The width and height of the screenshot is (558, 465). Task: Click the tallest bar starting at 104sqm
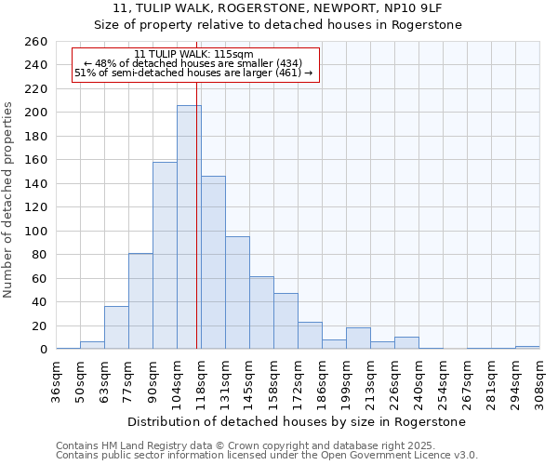pyautogui.click(x=189, y=227)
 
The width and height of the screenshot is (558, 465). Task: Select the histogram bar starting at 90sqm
pyautogui.click(x=165, y=256)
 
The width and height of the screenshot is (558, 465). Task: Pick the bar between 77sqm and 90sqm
pyautogui.click(x=140, y=301)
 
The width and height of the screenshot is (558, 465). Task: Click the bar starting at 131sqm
pyautogui.click(x=237, y=293)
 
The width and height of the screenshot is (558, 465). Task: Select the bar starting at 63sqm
pyautogui.click(x=116, y=327)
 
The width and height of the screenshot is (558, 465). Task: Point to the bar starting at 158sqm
pyautogui.click(x=286, y=321)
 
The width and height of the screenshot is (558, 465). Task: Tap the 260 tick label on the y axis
pyautogui.click(x=37, y=42)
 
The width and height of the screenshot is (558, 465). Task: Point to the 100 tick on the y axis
pyautogui.click(x=37, y=232)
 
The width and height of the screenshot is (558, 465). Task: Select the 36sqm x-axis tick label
pyautogui.click(x=57, y=379)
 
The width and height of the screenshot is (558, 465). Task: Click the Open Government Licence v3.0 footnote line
pyautogui.click(x=267, y=456)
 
